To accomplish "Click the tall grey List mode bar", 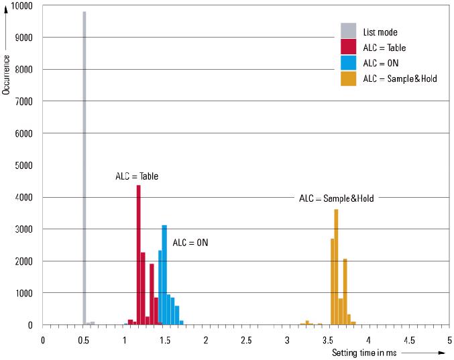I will tap(84, 168).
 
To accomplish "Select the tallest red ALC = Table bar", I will tap(138, 255).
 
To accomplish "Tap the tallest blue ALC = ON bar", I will tap(164, 275).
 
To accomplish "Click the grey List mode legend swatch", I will tap(348, 32).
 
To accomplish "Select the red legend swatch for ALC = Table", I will tap(348, 47).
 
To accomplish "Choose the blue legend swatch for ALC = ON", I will tap(348, 62).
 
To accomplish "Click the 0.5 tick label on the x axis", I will tap(83, 340).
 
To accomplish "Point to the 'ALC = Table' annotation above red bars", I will tap(137, 176).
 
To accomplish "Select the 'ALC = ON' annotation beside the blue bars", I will tap(190, 242).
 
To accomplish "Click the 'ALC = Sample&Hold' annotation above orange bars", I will tap(336, 198).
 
